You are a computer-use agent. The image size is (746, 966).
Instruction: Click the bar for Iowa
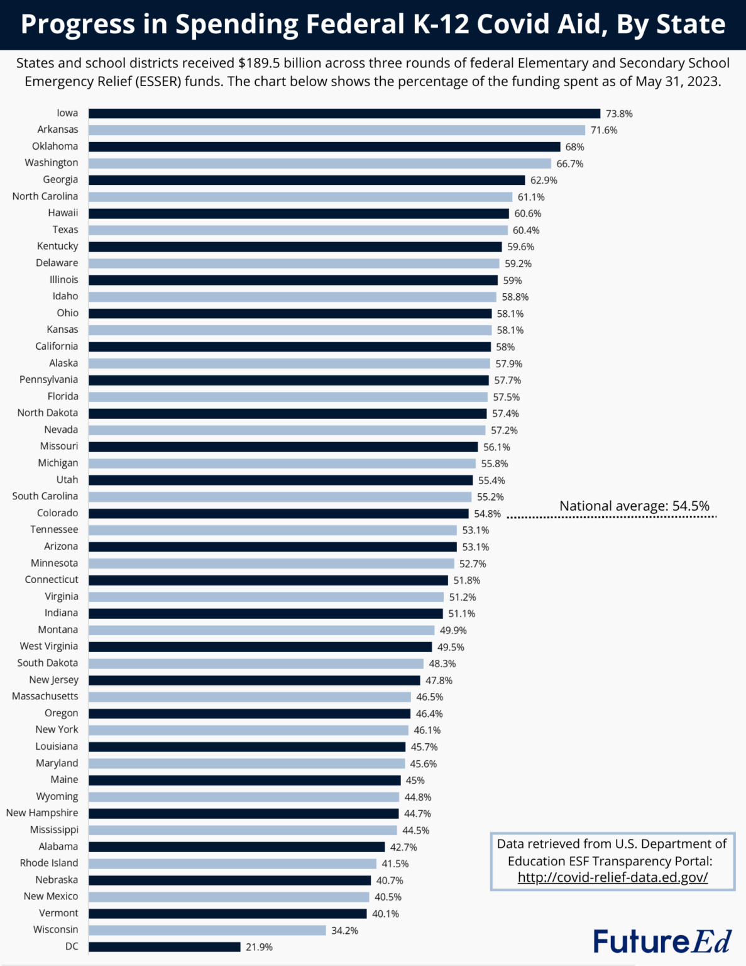click(x=344, y=113)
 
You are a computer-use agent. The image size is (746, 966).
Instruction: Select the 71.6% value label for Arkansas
click(x=603, y=130)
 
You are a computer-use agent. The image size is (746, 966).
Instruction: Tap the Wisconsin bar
click(x=207, y=930)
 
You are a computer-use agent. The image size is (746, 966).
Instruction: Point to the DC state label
click(x=72, y=947)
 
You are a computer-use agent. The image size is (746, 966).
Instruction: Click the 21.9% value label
click(x=259, y=947)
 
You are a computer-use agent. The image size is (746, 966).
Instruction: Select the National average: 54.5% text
click(x=634, y=506)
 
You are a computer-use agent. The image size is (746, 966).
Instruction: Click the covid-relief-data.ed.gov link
click(x=612, y=877)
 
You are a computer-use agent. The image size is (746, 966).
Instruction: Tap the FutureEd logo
click(x=662, y=941)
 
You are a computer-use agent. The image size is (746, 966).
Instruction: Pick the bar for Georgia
click(x=306, y=180)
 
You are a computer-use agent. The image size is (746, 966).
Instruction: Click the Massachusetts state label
click(x=45, y=696)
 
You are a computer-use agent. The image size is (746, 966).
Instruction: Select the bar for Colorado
click(x=278, y=513)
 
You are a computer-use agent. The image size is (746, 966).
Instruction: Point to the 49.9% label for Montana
click(x=453, y=630)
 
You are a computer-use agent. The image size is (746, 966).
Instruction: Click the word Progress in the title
click(x=77, y=24)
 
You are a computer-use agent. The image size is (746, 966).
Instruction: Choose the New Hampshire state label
click(x=42, y=813)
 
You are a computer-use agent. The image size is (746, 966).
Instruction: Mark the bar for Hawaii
click(x=299, y=213)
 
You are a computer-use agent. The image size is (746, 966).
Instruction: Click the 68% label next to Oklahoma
click(x=574, y=147)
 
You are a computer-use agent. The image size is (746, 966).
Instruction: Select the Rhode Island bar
click(x=232, y=863)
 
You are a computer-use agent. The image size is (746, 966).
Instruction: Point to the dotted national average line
click(x=611, y=517)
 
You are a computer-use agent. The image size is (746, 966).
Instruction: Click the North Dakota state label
click(x=48, y=413)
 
